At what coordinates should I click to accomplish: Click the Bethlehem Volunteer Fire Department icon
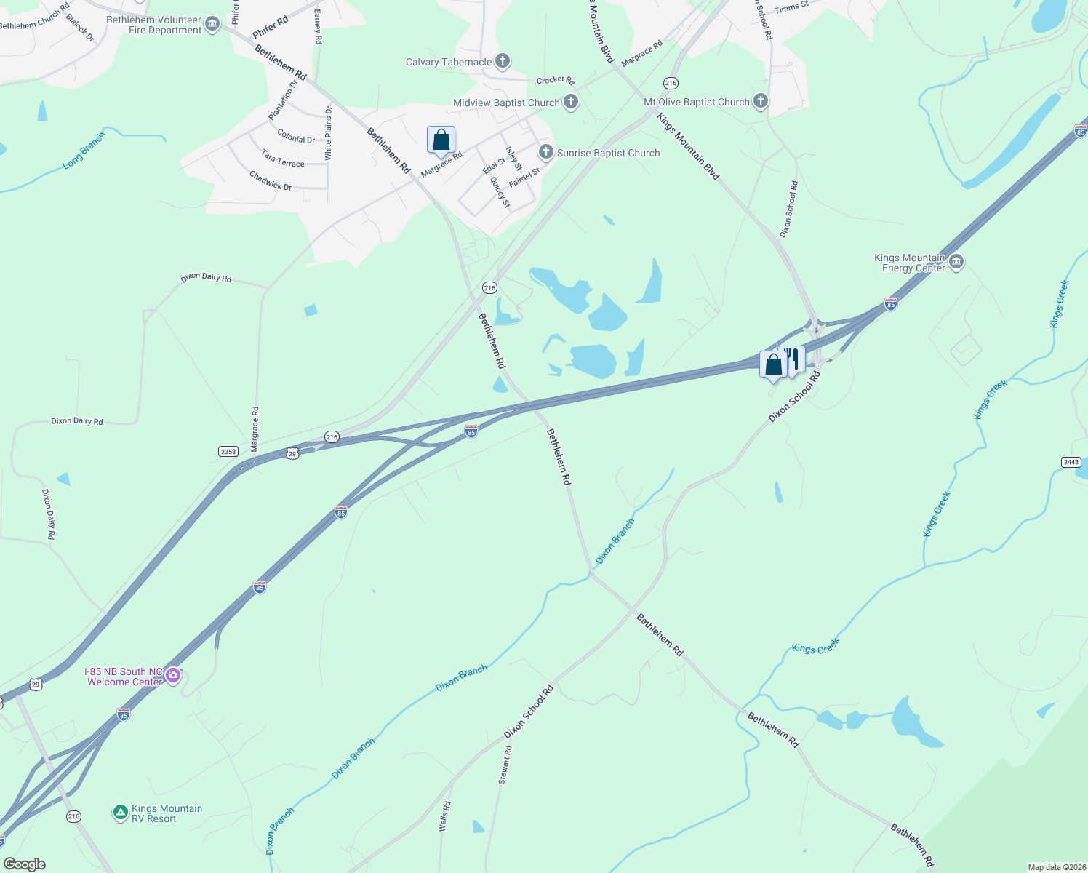[212, 25]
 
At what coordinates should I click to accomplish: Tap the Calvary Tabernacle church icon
[503, 61]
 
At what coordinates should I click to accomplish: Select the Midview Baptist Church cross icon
[571, 103]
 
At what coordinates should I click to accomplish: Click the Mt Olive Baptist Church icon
[761, 101]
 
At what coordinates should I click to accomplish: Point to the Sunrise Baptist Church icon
[546, 152]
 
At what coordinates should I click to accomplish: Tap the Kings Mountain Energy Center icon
[956, 262]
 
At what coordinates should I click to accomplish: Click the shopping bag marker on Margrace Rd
[441, 140]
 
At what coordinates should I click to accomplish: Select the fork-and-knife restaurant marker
[793, 359]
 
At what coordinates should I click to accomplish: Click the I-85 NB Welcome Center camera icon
[172, 676]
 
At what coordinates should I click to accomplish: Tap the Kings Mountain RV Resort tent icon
[121, 812]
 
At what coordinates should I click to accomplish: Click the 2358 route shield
[228, 452]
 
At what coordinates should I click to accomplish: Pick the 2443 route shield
[1071, 462]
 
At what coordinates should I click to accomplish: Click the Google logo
[25, 864]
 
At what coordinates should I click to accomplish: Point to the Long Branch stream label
[84, 151]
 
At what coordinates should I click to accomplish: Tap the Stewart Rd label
[505, 765]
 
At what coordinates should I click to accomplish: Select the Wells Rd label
[444, 816]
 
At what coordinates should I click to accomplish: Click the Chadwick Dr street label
[270, 180]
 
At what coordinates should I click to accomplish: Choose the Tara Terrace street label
[282, 159]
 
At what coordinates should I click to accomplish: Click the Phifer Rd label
[271, 28]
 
